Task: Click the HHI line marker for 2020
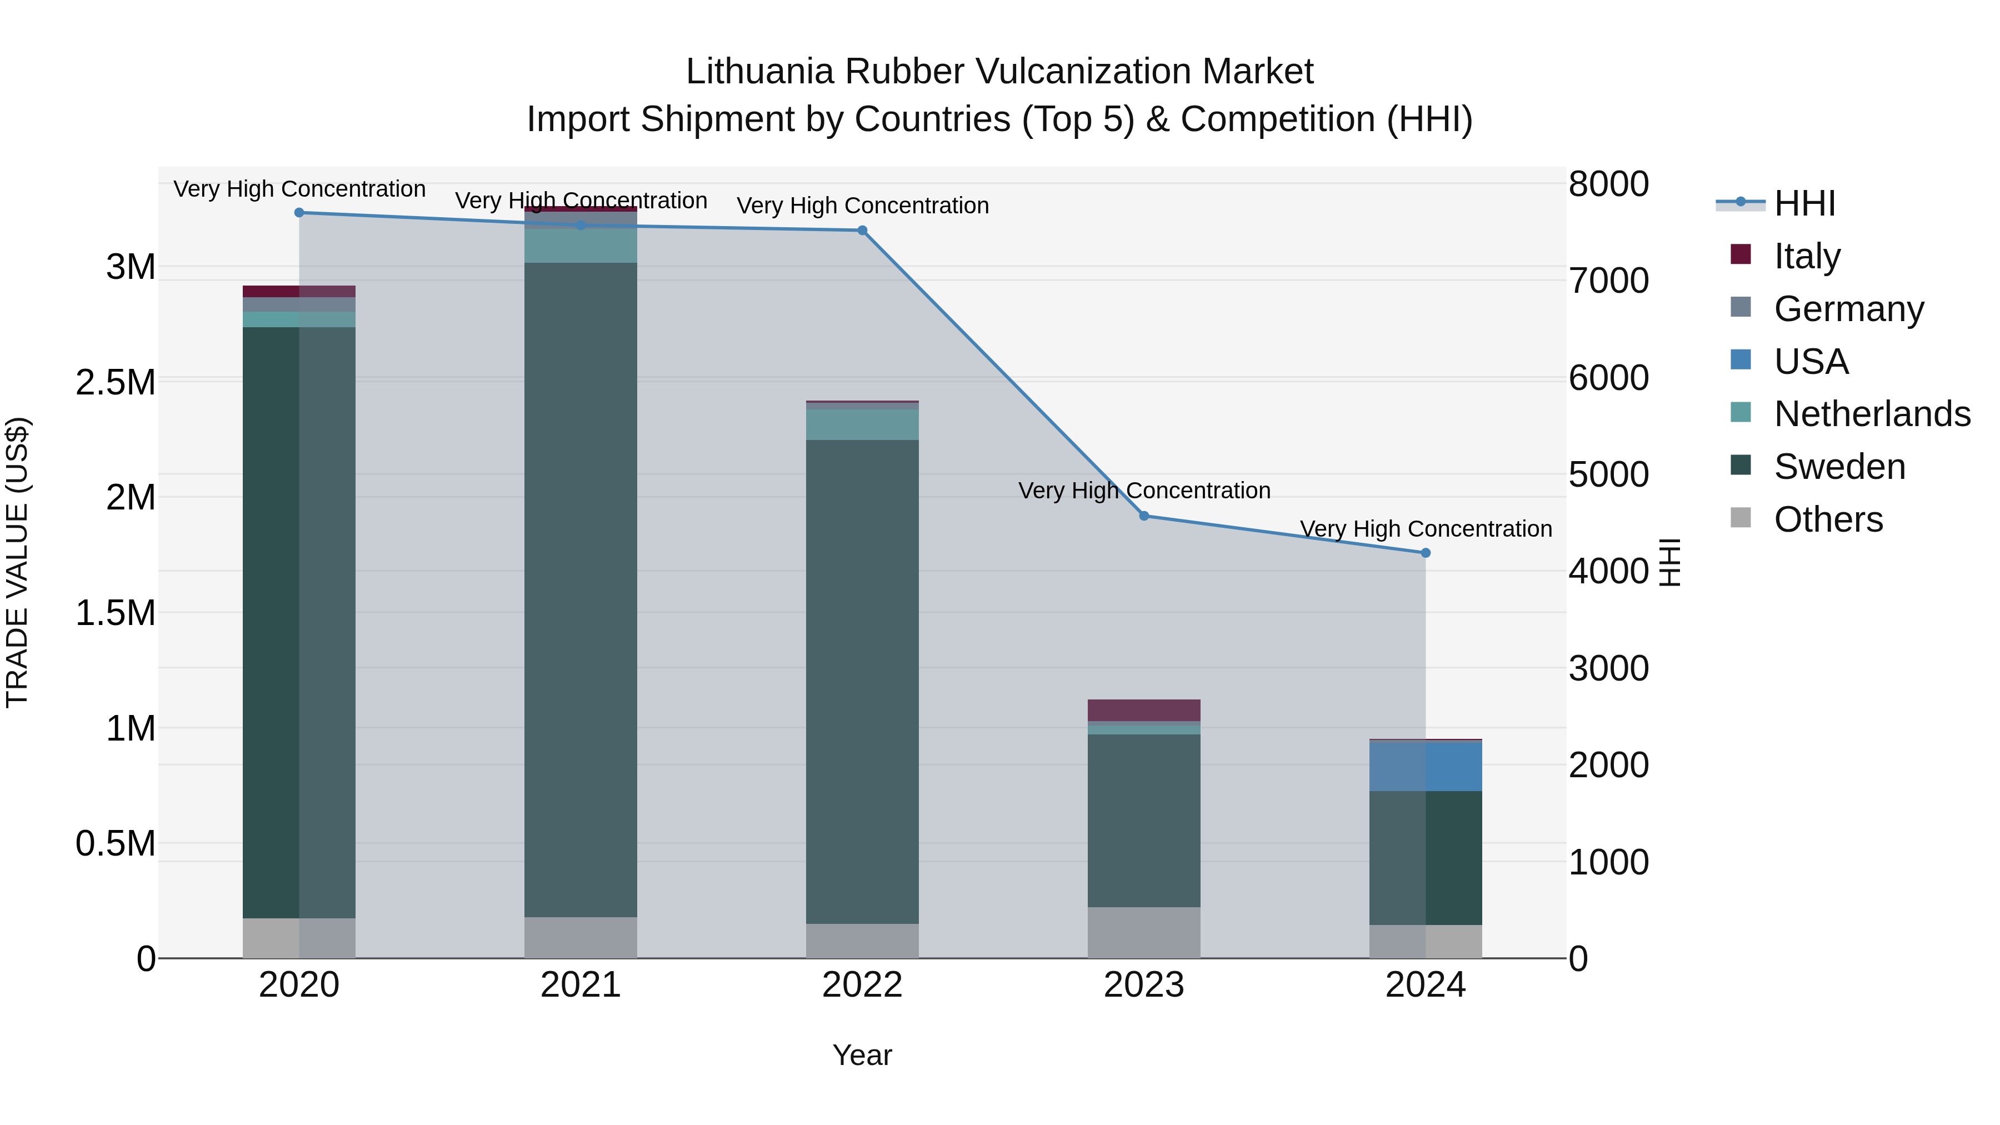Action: pyautogui.click(x=299, y=213)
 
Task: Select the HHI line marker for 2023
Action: pyautogui.click(x=1144, y=516)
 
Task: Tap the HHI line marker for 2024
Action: pyautogui.click(x=1426, y=553)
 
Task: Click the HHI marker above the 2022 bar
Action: pyautogui.click(x=862, y=231)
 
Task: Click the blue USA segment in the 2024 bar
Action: pyautogui.click(x=1426, y=766)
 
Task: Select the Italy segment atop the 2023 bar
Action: pyautogui.click(x=1144, y=711)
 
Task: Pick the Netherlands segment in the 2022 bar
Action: pyautogui.click(x=862, y=424)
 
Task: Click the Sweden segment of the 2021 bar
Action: pyautogui.click(x=581, y=590)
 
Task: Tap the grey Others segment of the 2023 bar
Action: pyautogui.click(x=1144, y=932)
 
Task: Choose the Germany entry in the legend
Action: pyautogui.click(x=1848, y=309)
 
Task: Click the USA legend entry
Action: pyautogui.click(x=1811, y=362)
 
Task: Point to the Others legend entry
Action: pyautogui.click(x=1828, y=519)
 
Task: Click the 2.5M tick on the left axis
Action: pyautogui.click(x=116, y=383)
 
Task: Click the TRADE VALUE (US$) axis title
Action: pyautogui.click(x=17, y=562)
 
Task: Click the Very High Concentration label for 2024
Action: pyautogui.click(x=1426, y=529)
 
